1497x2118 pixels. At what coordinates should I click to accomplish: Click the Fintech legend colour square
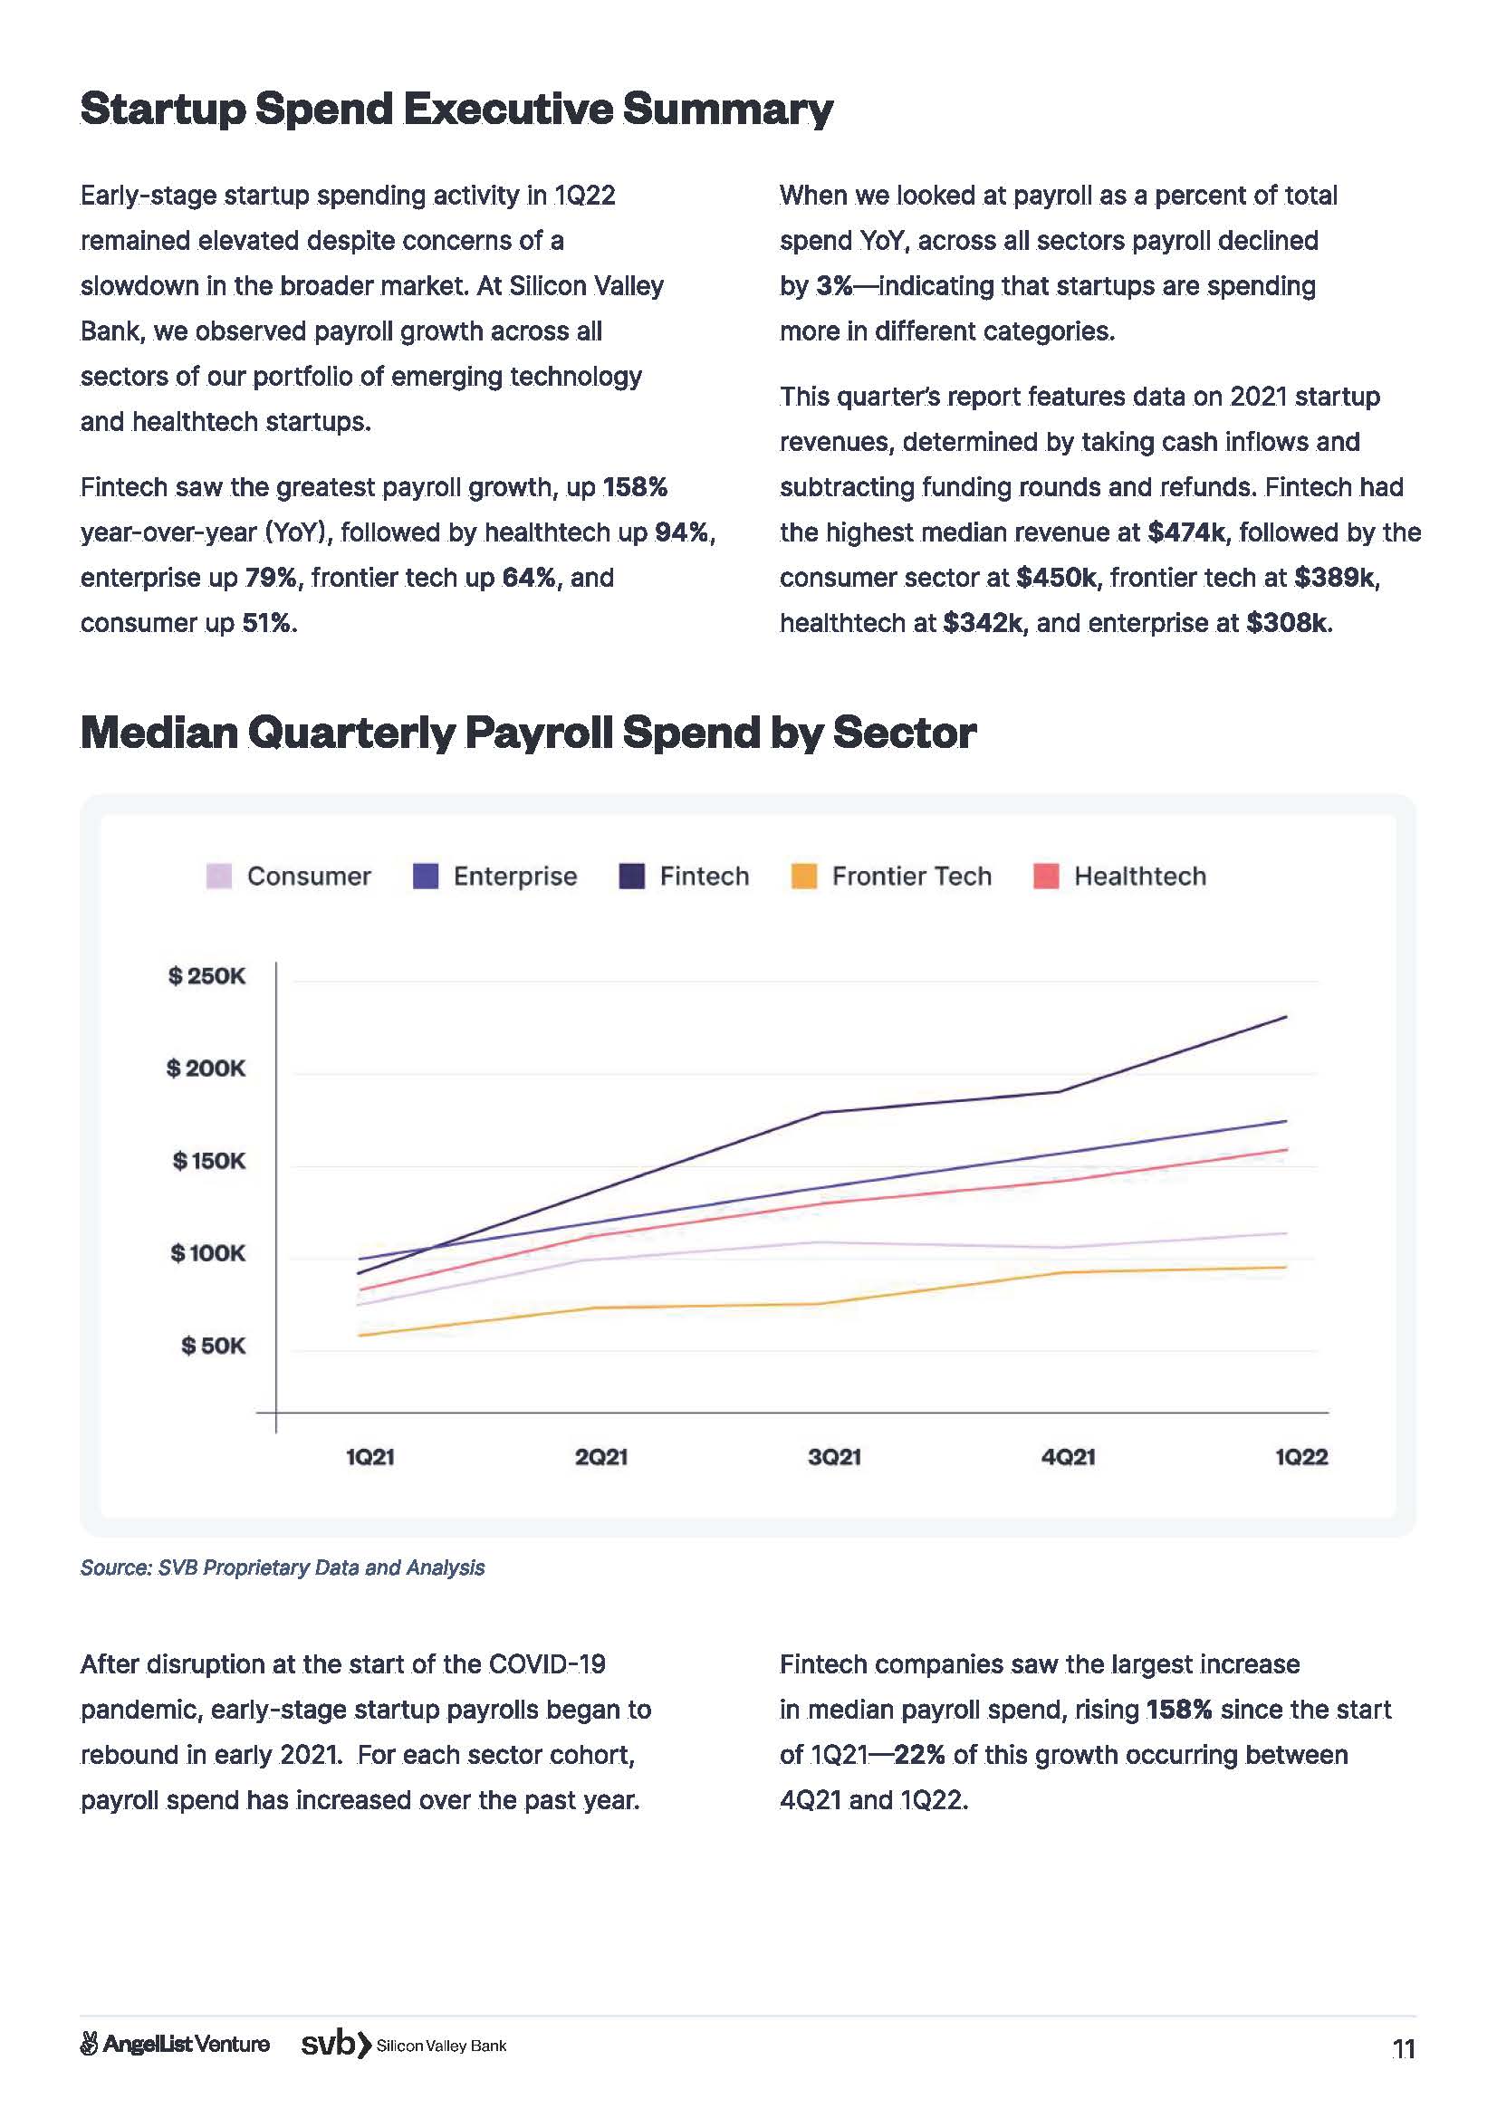pos(631,876)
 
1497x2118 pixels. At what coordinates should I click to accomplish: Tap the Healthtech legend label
pos(1139,876)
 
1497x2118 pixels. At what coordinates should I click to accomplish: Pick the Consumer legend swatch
pos(218,876)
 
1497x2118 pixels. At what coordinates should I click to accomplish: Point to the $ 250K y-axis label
pos(206,975)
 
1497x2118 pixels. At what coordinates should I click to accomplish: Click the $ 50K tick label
pos(213,1345)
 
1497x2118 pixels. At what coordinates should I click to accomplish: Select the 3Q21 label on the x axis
pos(834,1457)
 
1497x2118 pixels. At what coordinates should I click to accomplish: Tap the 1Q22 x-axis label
pos(1300,1457)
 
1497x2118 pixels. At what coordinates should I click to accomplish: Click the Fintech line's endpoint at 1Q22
pos(1286,1017)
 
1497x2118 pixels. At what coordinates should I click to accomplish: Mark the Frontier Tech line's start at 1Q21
pos(358,1335)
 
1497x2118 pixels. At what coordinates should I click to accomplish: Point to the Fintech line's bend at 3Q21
pos(820,1113)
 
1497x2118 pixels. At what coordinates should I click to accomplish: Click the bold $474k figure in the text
pos(1187,532)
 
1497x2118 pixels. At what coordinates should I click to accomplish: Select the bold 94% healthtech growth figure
pos(682,532)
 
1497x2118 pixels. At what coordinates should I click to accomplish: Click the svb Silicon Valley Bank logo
pos(404,2045)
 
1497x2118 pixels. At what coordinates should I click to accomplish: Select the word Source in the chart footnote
pos(114,1567)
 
